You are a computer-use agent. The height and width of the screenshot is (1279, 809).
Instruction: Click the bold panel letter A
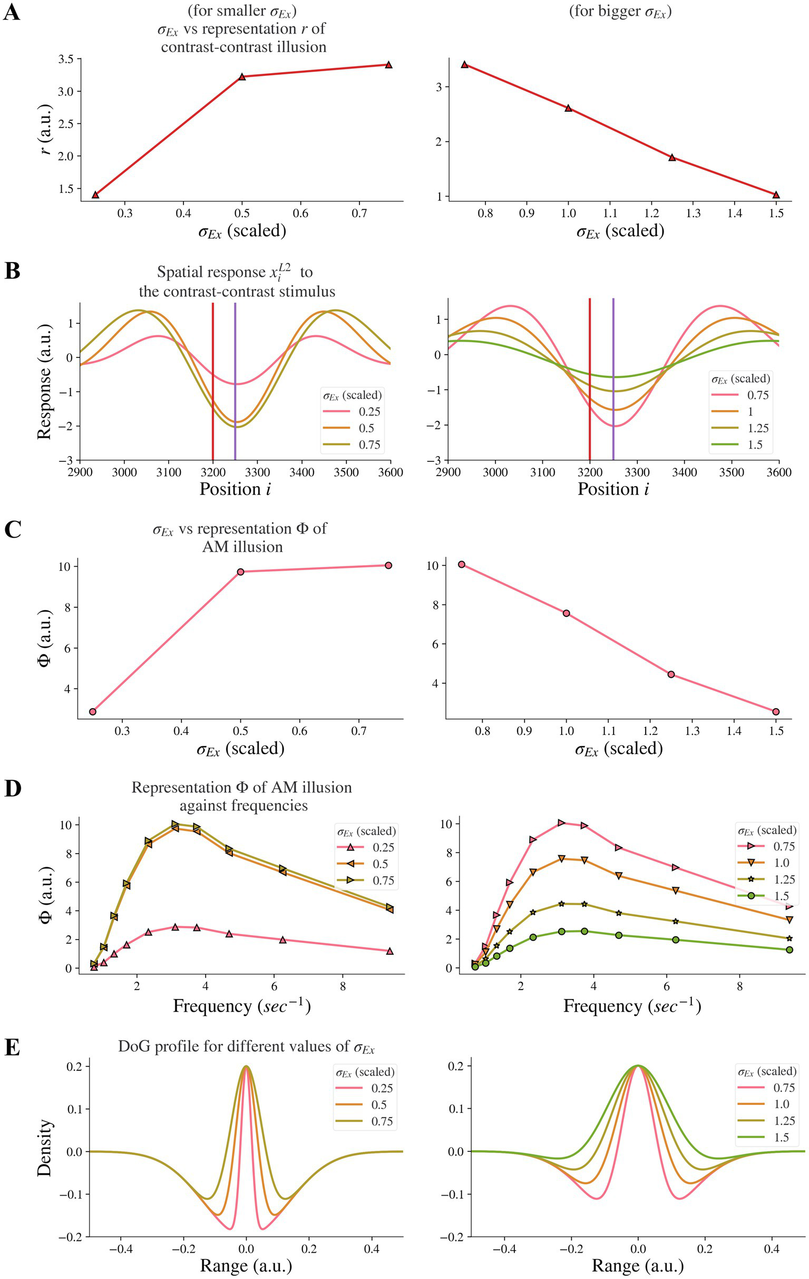11,12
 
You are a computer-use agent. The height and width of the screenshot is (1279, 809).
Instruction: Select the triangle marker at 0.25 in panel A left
95,195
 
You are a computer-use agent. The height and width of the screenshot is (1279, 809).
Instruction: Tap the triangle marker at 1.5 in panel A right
776,195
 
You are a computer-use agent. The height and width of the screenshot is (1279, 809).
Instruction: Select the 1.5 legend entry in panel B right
755,445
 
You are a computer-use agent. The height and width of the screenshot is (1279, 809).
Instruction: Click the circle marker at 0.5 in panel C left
240,572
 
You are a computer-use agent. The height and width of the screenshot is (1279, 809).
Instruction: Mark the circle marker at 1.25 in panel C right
671,674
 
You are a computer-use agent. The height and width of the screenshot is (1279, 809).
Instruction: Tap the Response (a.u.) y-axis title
45,381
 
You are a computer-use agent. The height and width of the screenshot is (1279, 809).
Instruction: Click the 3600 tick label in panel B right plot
778,472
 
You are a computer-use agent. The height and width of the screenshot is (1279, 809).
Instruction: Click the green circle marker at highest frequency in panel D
789,949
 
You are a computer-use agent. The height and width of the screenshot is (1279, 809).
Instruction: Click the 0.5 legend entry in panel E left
378,1105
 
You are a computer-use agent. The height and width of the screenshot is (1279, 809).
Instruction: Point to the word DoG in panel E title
131,1047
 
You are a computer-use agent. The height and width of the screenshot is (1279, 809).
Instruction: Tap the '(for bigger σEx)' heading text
620,12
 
